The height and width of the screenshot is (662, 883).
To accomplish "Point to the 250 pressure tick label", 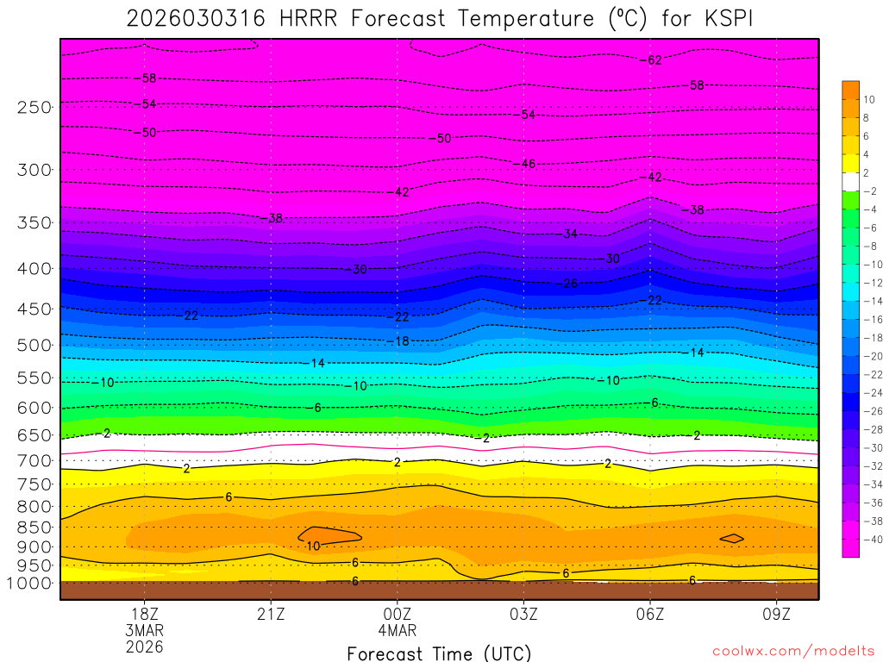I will [x=34, y=107].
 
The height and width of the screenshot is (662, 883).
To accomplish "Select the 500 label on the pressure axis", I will [x=34, y=345].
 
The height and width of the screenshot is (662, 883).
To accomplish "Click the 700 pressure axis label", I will [x=34, y=460].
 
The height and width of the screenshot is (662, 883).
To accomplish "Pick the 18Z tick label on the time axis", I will [x=144, y=615].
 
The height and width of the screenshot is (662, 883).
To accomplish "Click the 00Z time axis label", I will [x=398, y=615].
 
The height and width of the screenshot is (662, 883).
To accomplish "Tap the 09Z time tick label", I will [x=777, y=615].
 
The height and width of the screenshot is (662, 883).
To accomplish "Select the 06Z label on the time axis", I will [x=650, y=615].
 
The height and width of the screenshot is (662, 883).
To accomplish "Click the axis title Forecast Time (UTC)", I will [x=439, y=653].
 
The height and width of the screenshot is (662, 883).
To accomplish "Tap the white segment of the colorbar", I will [x=850, y=181].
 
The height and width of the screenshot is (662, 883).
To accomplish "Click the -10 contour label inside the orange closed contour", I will [x=312, y=546].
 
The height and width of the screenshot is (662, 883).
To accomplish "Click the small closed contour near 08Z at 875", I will [x=732, y=538].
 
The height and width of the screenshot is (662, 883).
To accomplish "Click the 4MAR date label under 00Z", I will [x=398, y=630].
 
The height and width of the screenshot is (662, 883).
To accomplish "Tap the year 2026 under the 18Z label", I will [x=144, y=646].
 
